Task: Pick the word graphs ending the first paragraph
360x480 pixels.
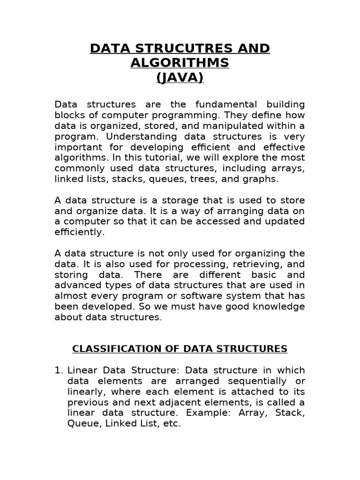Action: (264, 179)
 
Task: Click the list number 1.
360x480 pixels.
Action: (58, 370)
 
